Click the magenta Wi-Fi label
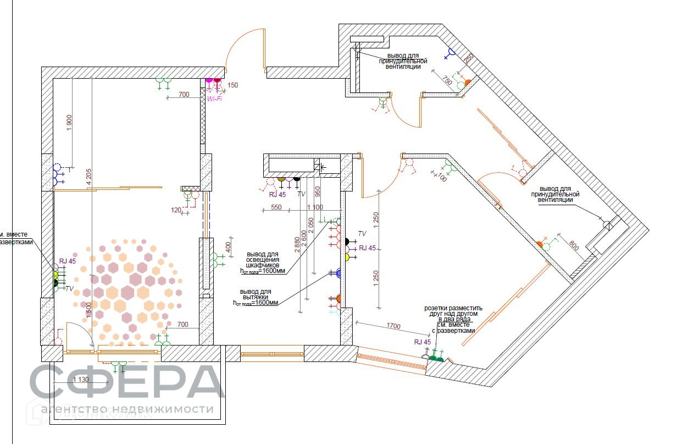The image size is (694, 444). point(214,99)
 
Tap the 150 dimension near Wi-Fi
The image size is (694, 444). point(233,85)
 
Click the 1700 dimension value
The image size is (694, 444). point(393,326)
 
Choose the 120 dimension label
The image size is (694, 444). point(176,210)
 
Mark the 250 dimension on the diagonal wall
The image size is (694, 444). point(469,59)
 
